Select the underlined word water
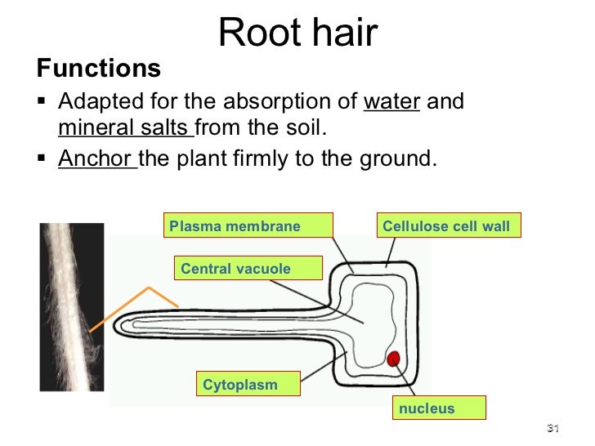(391, 103)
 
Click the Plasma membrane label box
(250, 225)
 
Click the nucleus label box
(439, 408)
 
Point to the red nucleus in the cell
(393, 358)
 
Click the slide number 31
(552, 430)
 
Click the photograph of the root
(73, 306)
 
